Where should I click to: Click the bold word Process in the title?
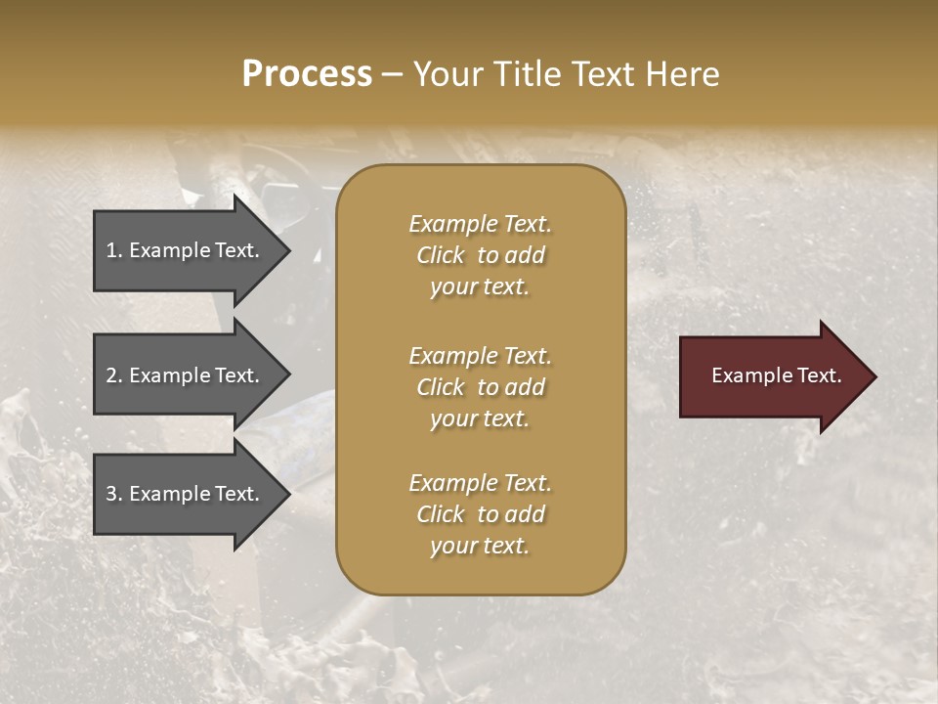pyautogui.click(x=307, y=74)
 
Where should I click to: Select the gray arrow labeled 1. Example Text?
pyautogui.click(x=186, y=250)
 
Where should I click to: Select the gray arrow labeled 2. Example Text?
pyautogui.click(x=186, y=375)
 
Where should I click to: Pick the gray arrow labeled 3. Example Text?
pyautogui.click(x=186, y=494)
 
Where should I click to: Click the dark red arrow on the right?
pyautogui.click(x=772, y=375)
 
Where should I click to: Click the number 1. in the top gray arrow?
pyautogui.click(x=114, y=250)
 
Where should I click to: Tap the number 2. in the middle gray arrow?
pyautogui.click(x=114, y=375)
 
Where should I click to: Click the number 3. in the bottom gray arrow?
pyautogui.click(x=114, y=494)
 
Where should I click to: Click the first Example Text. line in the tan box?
pyautogui.click(x=480, y=224)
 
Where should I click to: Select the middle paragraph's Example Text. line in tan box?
pyautogui.click(x=480, y=356)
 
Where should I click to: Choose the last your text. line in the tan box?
pyautogui.click(x=480, y=547)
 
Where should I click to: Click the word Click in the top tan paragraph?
pyautogui.click(x=441, y=255)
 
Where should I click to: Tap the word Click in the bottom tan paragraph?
pyautogui.click(x=441, y=514)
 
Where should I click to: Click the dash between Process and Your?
pyautogui.click(x=392, y=74)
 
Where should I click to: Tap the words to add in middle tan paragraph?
pyautogui.click(x=511, y=387)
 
